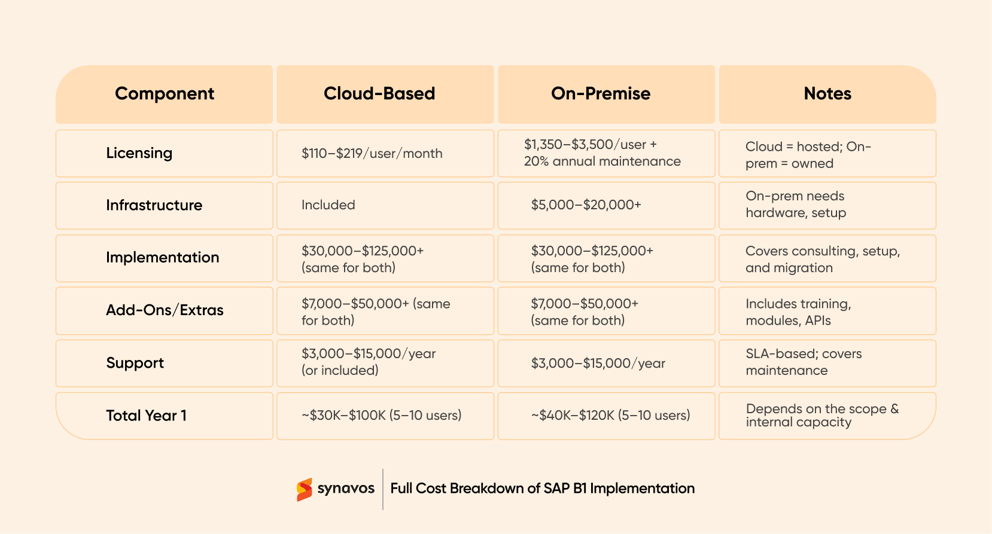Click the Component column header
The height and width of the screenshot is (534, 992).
pos(165,94)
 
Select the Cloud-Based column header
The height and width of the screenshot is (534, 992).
pos(379,94)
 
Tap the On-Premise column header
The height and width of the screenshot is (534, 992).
pos(601,94)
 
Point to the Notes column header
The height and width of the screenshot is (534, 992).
pos(827,94)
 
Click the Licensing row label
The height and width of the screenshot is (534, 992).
pos(139,153)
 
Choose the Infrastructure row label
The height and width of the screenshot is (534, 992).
pos(154,205)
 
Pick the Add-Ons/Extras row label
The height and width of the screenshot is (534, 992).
pos(165,310)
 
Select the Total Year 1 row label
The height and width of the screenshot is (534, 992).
pos(147,416)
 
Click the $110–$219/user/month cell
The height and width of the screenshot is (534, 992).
pos(372,154)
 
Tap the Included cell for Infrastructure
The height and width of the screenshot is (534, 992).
pos(328,205)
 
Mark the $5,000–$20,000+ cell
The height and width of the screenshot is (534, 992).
pos(586,205)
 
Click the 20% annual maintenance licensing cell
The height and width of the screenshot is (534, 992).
pos(602,153)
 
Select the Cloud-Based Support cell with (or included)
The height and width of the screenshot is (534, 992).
pos(369,362)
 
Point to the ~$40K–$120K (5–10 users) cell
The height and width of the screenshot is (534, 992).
pos(610,416)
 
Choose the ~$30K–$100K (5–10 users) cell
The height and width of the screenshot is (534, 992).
pos(382,416)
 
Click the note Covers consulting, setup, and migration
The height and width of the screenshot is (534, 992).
pos(822,260)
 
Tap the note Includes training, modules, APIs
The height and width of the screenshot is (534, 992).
pos(798,312)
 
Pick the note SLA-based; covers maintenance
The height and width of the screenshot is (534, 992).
pos(804,362)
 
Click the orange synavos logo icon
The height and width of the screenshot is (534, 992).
pos(305,489)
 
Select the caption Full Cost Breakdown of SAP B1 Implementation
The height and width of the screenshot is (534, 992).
pos(542,489)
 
